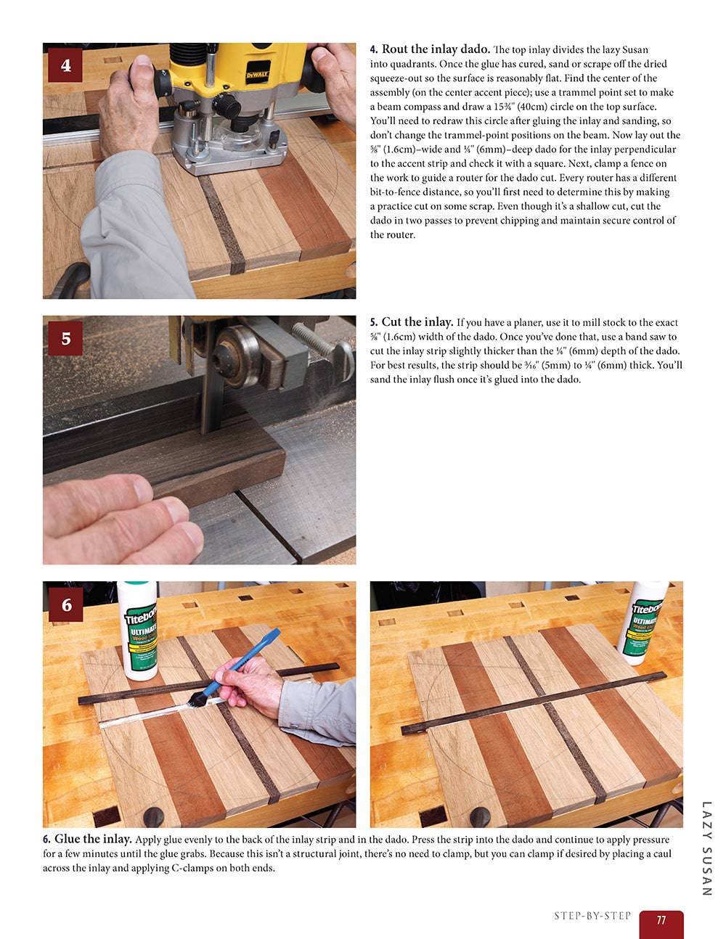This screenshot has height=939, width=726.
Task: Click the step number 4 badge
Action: (66, 65)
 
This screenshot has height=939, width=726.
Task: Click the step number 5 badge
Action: (66, 338)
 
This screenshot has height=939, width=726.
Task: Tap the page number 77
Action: (661, 919)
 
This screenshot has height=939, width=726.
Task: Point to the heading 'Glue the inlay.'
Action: (93, 840)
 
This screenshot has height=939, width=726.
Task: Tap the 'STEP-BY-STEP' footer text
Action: (592, 916)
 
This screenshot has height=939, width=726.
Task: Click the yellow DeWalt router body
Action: (240, 65)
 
